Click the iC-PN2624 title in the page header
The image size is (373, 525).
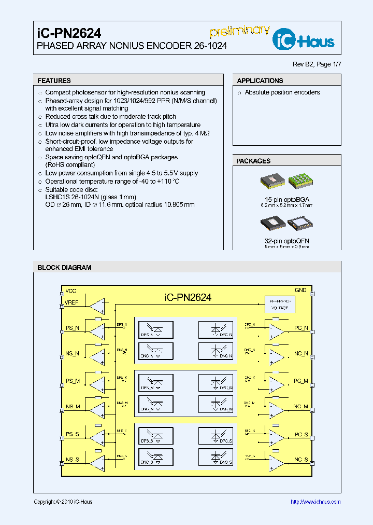69,33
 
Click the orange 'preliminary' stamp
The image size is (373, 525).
239,31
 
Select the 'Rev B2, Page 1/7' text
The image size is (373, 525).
317,64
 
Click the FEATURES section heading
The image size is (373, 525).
54,81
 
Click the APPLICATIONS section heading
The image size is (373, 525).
260,81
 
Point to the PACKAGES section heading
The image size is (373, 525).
253,161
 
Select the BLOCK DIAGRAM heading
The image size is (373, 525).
64,268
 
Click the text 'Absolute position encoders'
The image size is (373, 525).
282,93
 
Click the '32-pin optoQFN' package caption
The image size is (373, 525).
286,241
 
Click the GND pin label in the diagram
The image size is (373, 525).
300,291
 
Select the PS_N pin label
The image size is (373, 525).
72,328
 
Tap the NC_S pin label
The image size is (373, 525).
301,460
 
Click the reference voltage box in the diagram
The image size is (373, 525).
280,305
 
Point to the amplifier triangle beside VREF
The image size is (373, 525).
97,306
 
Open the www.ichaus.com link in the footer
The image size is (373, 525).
315,502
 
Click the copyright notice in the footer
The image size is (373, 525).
63,502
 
